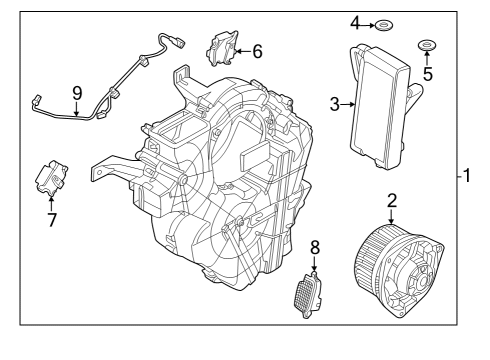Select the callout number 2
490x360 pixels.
392,201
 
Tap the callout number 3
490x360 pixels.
335,103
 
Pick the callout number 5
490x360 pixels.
427,73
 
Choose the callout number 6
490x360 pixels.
257,50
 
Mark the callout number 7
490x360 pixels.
51,218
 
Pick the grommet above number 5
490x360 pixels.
427,45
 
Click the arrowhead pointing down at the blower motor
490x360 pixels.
391,220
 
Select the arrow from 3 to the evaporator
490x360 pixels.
347,103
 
